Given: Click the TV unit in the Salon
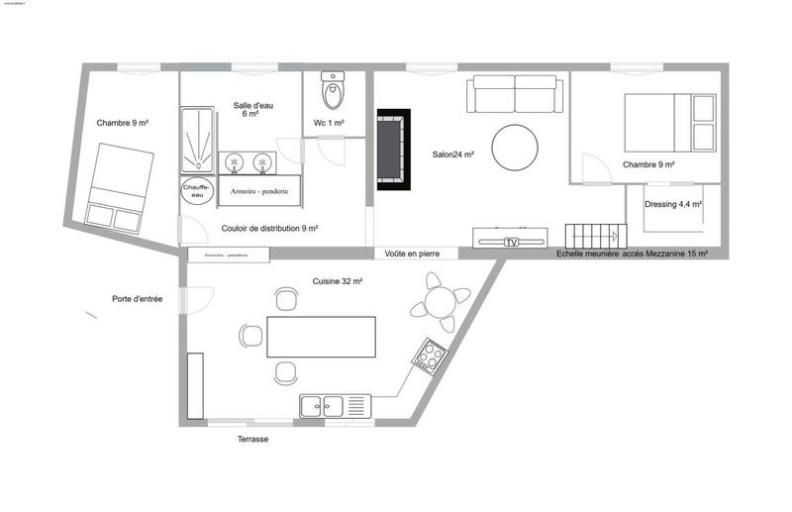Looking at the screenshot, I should coord(509,240).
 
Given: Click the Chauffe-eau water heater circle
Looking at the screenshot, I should coord(193,191).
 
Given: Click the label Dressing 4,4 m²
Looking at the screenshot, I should coord(672,204).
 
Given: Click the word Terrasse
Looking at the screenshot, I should coord(252,439).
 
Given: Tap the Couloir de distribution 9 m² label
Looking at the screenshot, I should coord(269,228).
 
